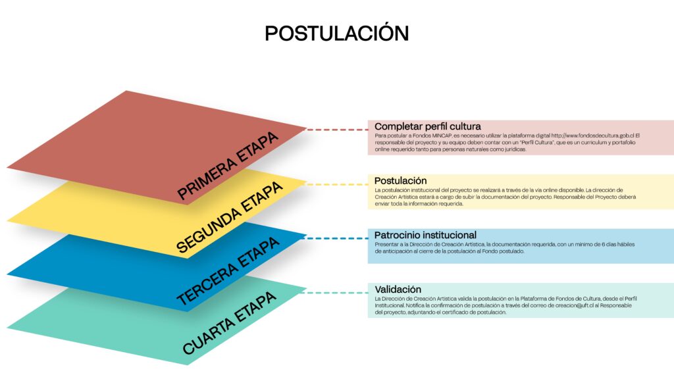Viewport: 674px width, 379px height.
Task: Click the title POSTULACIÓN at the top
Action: (336, 33)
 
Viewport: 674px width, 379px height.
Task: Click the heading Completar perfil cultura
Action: (428, 126)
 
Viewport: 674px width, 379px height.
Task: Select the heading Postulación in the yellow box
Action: (400, 180)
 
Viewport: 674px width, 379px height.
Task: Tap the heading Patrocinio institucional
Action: (425, 235)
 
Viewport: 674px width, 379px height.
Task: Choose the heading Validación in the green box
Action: (398, 289)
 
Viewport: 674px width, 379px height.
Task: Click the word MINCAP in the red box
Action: (438, 136)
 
